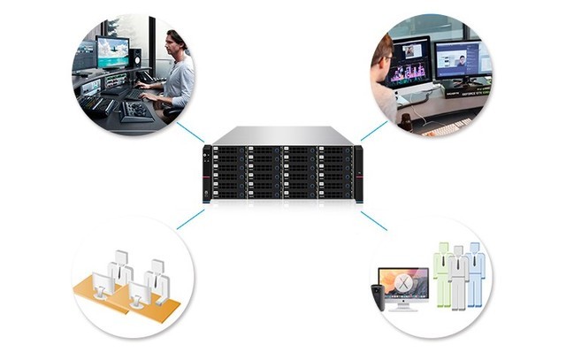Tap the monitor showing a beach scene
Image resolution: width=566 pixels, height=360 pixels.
[113, 51]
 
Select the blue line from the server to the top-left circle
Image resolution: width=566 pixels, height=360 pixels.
[191, 134]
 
